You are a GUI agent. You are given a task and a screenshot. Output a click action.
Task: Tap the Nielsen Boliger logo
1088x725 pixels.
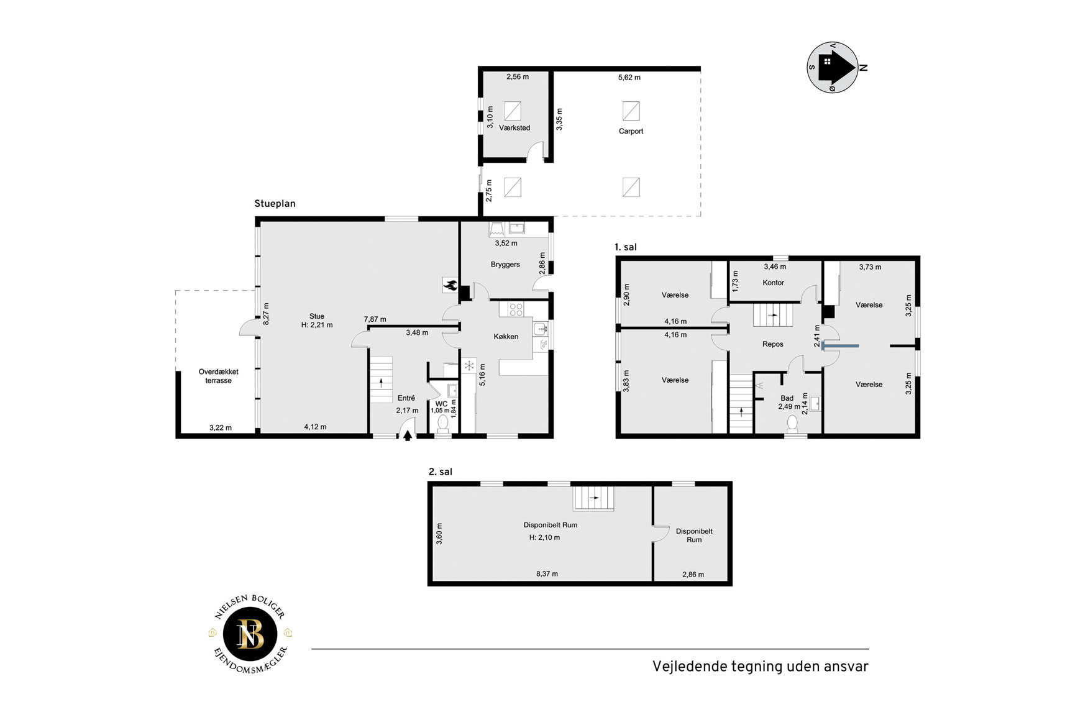click(250, 635)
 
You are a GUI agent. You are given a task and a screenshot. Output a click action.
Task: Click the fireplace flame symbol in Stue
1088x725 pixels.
click(450, 285)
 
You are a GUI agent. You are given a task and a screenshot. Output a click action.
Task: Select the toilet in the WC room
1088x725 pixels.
click(443, 423)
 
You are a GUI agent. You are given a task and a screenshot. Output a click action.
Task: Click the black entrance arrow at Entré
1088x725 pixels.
click(408, 435)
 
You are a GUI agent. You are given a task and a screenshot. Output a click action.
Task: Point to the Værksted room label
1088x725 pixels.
click(514, 128)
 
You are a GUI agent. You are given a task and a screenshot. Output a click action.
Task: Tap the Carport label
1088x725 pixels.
click(631, 131)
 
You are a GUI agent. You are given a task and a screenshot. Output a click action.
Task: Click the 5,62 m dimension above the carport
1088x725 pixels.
click(629, 78)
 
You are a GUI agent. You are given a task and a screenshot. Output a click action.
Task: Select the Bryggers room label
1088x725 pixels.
click(505, 265)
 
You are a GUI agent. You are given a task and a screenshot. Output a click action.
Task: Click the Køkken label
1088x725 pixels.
click(506, 337)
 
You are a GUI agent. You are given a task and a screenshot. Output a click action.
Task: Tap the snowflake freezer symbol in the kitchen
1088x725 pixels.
click(469, 365)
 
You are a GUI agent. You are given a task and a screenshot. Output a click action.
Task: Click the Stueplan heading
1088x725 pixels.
click(275, 204)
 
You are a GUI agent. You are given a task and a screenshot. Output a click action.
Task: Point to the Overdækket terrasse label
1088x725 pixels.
click(218, 376)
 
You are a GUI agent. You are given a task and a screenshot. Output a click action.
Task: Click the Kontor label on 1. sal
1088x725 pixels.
click(773, 283)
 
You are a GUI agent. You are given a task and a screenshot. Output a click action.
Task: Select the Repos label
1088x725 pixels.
click(772, 344)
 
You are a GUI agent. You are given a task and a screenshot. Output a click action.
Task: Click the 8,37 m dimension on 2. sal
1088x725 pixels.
click(547, 574)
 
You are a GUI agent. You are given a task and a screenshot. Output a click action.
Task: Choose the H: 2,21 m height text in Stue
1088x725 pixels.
click(317, 325)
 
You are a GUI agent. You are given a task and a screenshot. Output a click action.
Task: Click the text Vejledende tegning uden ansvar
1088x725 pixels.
click(760, 667)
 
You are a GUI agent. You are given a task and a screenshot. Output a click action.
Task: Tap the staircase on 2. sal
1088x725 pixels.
click(593, 498)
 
